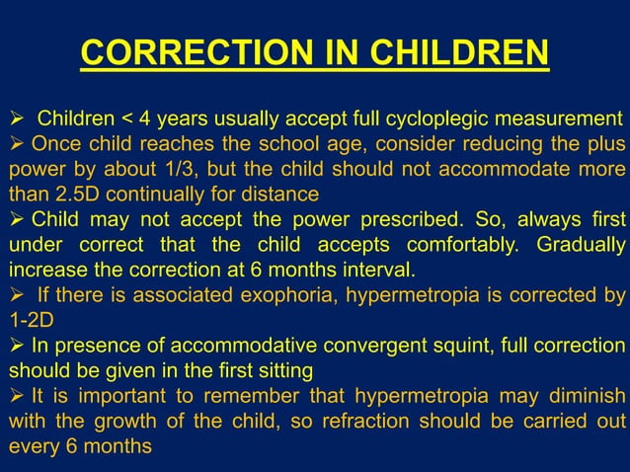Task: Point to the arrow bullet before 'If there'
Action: [x=16, y=294]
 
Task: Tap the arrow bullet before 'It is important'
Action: [x=16, y=396]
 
